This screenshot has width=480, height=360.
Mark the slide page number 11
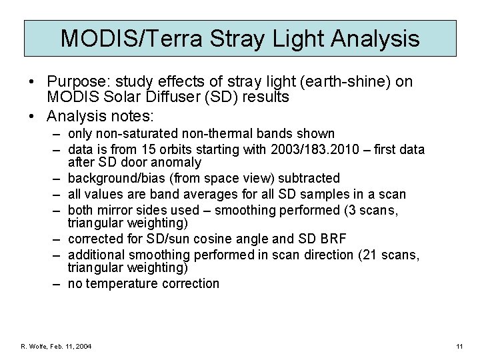click(x=459, y=347)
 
